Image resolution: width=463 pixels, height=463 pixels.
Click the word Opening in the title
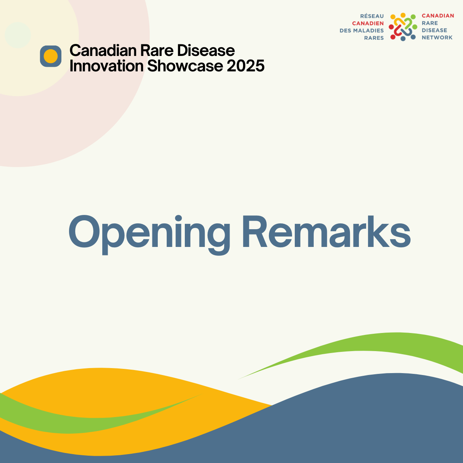(x=149, y=235)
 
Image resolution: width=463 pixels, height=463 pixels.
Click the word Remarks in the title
(x=326, y=231)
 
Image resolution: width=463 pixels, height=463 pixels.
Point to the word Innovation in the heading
(x=106, y=66)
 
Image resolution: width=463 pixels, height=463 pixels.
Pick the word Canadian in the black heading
(x=103, y=51)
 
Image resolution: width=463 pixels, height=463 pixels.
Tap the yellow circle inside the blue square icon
(x=51, y=56)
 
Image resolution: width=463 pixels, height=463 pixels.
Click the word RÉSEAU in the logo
(x=372, y=16)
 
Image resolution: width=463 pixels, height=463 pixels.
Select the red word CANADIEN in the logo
(x=368, y=23)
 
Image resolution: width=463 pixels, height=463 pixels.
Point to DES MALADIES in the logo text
(x=362, y=30)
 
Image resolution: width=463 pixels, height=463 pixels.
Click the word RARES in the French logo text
(x=374, y=38)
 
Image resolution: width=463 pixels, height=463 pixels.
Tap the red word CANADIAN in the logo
(x=438, y=15)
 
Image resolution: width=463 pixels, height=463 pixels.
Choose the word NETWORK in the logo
(x=437, y=37)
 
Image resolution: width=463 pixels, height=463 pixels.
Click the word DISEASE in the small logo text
(x=434, y=30)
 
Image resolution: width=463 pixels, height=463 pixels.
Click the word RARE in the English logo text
(x=430, y=23)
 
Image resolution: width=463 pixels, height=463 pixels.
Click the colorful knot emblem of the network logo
(x=403, y=27)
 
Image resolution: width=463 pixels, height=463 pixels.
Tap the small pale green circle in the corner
(x=18, y=35)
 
